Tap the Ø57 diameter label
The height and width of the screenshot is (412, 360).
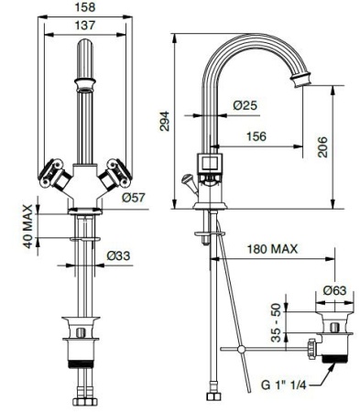[135, 196]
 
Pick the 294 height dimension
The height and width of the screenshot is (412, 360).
[165, 122]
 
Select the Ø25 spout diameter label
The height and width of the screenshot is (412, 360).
[245, 105]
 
